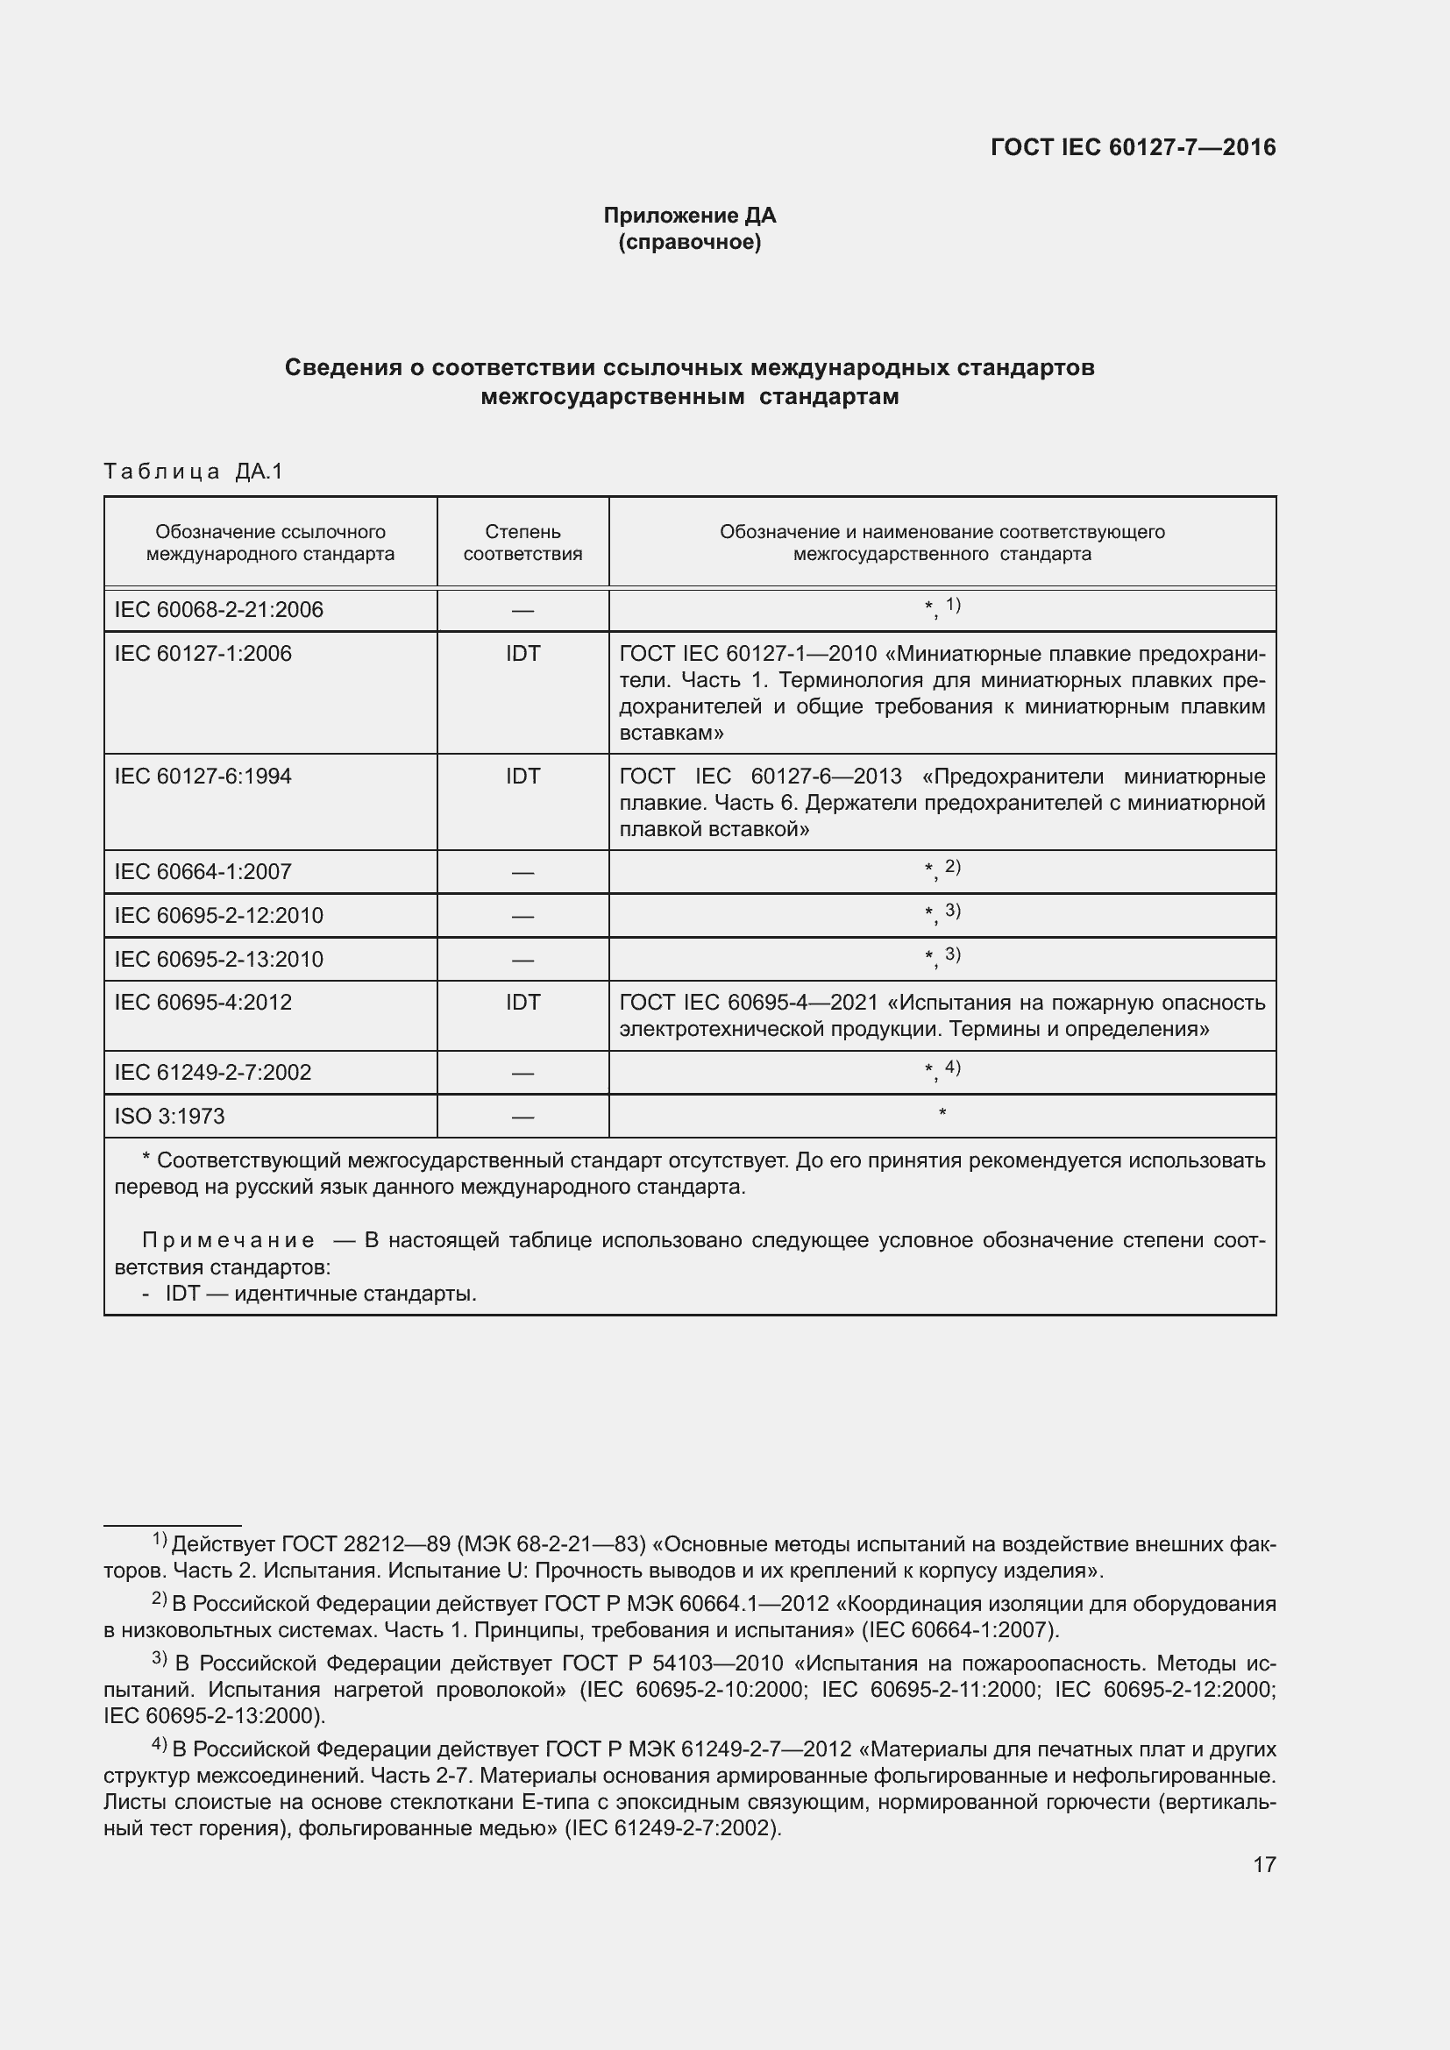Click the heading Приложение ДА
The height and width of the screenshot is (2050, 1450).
click(x=689, y=216)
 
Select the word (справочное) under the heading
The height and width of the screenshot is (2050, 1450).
click(x=689, y=242)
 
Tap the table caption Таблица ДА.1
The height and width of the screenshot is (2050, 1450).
click(x=193, y=472)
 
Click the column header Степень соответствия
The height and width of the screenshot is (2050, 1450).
click(x=522, y=542)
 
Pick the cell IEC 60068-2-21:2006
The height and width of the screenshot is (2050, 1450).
click(x=219, y=610)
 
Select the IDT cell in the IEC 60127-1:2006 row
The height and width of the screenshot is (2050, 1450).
click(x=522, y=654)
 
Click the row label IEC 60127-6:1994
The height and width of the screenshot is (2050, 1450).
click(x=203, y=776)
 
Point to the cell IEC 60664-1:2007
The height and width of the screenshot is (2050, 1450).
click(x=203, y=871)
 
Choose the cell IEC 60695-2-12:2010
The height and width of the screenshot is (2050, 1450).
click(x=219, y=915)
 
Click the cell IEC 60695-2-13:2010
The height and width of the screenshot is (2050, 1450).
click(x=219, y=959)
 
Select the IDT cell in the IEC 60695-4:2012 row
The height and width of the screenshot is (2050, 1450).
click(x=522, y=1002)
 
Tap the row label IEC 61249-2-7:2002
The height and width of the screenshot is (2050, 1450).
click(x=212, y=1072)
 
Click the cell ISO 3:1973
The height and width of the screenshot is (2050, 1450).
click(x=170, y=1116)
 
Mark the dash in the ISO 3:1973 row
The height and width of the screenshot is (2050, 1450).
click(x=522, y=1117)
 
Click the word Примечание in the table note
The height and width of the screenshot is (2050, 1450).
click(x=229, y=1240)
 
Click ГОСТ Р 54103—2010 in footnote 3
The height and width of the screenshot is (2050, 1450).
click(x=672, y=1663)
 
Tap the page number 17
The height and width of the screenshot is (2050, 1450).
click(x=1264, y=1864)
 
